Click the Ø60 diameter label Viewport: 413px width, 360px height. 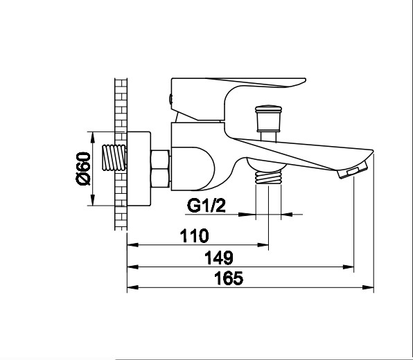point(83,168)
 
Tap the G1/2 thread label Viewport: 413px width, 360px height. point(206,206)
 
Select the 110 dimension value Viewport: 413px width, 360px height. point(195,236)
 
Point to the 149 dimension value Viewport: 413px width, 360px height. point(219,258)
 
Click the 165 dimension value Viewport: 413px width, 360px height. point(229,278)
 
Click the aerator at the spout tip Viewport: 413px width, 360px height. point(353,170)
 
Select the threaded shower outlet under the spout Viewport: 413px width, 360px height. point(268,177)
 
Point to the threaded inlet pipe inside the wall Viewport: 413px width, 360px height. point(114,158)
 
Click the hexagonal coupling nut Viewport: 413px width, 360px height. point(160,169)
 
